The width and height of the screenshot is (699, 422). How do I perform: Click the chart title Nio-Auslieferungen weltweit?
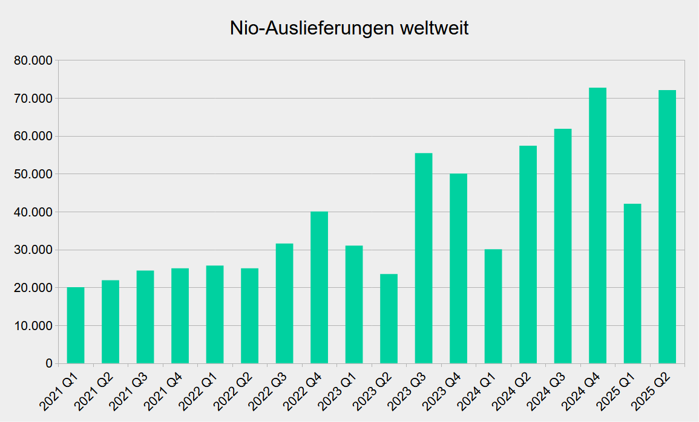point(349,28)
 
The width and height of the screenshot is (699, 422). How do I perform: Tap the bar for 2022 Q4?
point(319,288)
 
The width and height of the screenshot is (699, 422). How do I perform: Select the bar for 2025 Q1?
point(632,284)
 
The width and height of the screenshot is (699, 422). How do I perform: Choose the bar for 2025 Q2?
point(667,227)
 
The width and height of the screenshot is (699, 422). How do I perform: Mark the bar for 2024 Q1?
point(493,307)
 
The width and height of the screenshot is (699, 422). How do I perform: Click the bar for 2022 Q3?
point(284,304)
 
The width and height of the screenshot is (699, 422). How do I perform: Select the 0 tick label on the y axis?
point(48,363)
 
